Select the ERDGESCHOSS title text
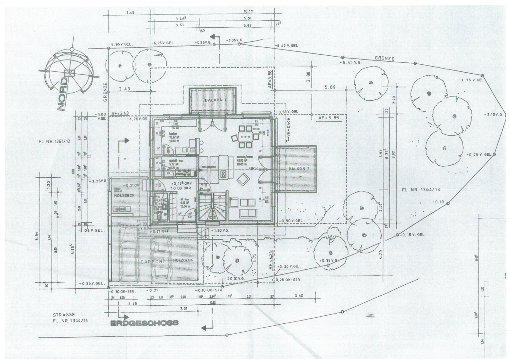[144, 323]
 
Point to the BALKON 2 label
[299, 169]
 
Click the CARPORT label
[153, 262]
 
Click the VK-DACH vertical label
[289, 130]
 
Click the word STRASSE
[64, 314]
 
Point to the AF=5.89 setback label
[328, 118]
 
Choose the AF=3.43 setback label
[120, 113]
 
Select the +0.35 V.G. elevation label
[329, 260]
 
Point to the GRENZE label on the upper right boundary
[384, 58]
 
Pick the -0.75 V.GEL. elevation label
[479, 155]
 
